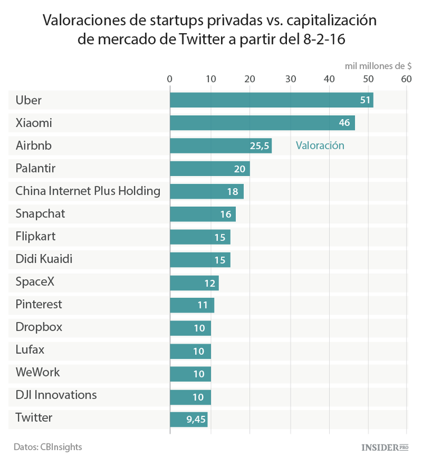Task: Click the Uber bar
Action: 271,100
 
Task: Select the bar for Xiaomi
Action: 262,123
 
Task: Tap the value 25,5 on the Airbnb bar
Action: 259,146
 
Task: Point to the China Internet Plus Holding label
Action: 88,191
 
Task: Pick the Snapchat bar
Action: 203,214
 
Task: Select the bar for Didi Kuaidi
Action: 200,260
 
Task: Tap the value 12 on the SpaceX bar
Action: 209,283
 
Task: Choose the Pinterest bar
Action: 192,305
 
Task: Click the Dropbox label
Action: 39,327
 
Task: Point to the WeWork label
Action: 38,372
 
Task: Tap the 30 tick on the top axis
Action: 290,79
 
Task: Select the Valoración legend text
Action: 320,146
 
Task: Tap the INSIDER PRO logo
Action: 384,447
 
